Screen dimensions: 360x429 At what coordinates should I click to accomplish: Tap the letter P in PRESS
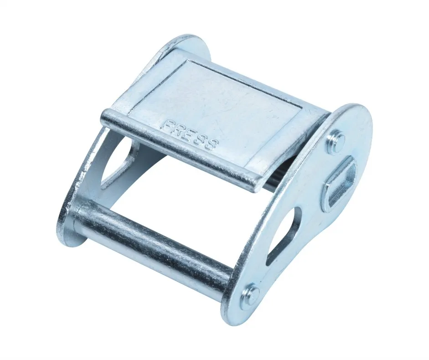click(x=167, y=125)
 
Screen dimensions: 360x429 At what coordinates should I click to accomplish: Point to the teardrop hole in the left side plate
click(x=119, y=162)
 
